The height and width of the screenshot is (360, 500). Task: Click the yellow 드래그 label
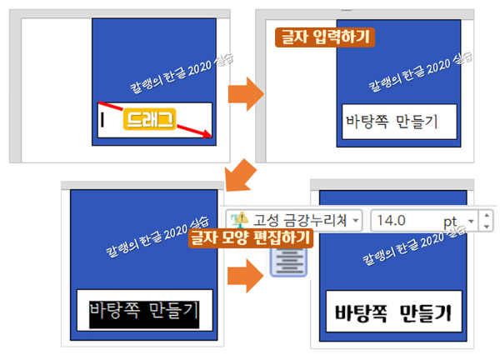coord(149,120)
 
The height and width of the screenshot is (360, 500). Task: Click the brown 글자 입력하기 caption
coord(325,37)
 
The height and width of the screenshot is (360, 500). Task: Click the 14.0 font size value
coord(392,220)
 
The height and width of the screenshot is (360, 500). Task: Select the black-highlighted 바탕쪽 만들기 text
coord(144,312)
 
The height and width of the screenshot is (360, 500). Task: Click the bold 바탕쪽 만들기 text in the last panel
coord(392,314)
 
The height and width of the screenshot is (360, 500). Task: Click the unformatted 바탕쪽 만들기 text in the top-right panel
coord(391,122)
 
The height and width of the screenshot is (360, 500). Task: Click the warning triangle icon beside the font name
coord(239,220)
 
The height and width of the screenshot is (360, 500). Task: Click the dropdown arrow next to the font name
coord(357,221)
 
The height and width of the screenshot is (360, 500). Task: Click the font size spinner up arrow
coord(487,216)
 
